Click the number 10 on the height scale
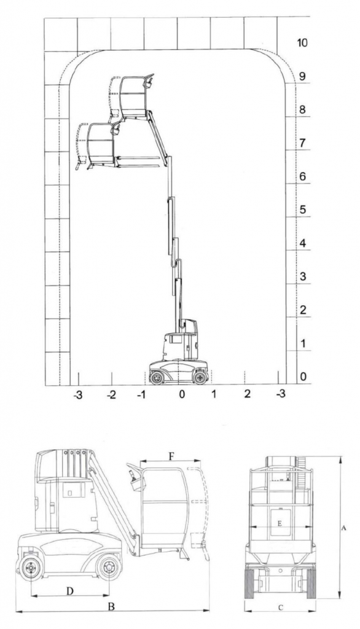pos(302,42)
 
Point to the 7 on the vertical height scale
pos(303,143)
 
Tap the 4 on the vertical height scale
pos(303,243)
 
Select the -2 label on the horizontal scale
pos(111,395)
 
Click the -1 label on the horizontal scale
pos(141,395)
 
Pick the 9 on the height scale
pos(303,76)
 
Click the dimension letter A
pos(343,528)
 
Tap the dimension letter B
pos(112,606)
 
